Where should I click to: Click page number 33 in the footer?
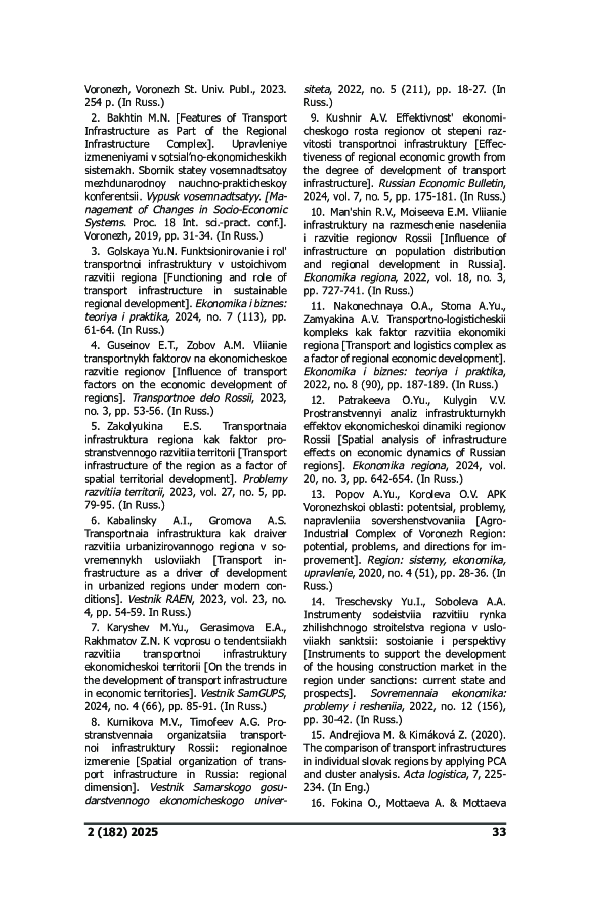click(498, 831)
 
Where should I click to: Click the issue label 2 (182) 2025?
click(121, 831)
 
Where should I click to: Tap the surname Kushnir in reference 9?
click(343, 118)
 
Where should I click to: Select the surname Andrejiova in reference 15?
click(357, 735)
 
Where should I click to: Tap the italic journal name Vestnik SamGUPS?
click(243, 693)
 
